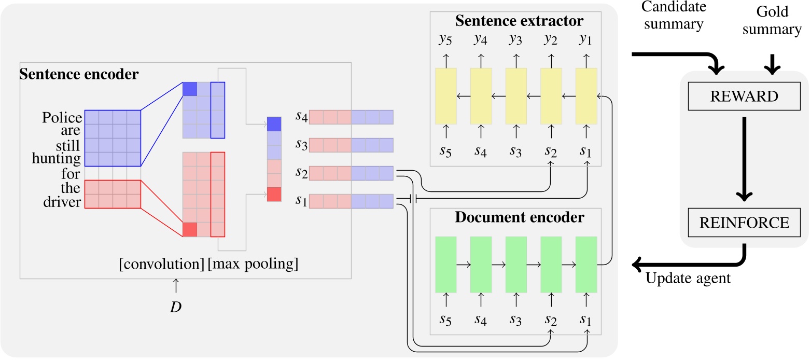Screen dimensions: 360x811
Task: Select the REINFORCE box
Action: click(x=745, y=223)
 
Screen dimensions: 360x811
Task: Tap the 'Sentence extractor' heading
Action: click(x=519, y=22)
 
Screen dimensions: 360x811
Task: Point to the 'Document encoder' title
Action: click(x=519, y=218)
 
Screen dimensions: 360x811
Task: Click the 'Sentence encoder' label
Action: click(x=79, y=74)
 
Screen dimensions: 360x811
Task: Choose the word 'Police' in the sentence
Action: click(x=62, y=118)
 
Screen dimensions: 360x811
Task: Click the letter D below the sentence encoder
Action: click(x=176, y=307)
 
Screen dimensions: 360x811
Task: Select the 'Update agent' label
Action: click(x=688, y=279)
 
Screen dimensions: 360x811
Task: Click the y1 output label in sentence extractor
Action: click(x=586, y=38)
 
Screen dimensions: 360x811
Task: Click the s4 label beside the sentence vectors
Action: click(x=301, y=118)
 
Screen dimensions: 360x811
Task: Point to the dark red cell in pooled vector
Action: click(x=274, y=195)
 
